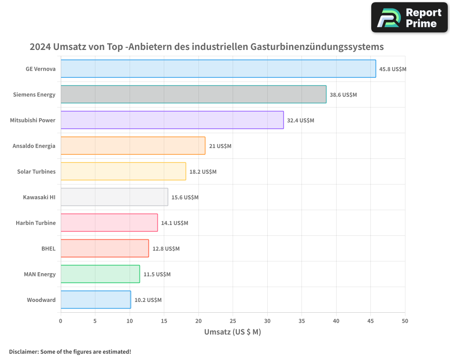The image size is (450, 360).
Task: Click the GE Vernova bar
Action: [x=218, y=68]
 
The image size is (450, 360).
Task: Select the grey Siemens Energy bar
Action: [x=193, y=94]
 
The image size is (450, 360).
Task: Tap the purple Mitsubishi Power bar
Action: [x=172, y=120]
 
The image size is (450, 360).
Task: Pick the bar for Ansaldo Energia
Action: [x=133, y=145]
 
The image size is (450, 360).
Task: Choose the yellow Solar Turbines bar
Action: [x=123, y=171]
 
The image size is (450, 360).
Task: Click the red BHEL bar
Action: [x=104, y=248]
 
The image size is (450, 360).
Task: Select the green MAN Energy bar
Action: [x=100, y=274]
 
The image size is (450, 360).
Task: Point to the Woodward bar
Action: [x=95, y=299]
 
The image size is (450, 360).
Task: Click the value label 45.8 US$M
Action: [x=393, y=69]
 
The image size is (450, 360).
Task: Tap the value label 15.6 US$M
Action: [x=185, y=198]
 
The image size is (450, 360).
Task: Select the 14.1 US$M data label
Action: [x=175, y=223]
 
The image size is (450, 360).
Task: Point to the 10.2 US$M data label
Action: [x=148, y=300]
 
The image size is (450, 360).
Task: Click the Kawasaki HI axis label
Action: [x=39, y=197]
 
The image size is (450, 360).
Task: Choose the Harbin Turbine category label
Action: [x=36, y=223]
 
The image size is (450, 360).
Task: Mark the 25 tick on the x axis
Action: [x=233, y=321]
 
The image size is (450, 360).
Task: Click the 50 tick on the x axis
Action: [x=405, y=321]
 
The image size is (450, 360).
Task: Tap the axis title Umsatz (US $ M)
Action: [x=233, y=332]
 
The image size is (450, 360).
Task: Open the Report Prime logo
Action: [x=409, y=17]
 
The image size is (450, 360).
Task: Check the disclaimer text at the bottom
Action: [x=70, y=351]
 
